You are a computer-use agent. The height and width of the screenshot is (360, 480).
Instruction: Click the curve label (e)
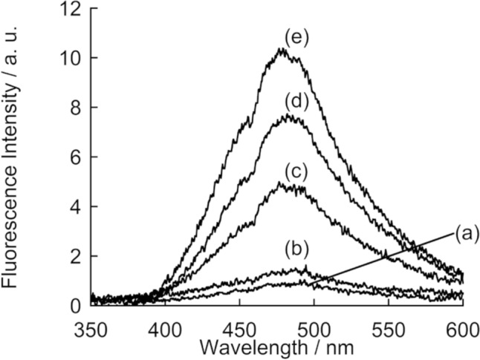tap(297, 37)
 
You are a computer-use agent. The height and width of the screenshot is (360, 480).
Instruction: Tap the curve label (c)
tap(297, 171)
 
